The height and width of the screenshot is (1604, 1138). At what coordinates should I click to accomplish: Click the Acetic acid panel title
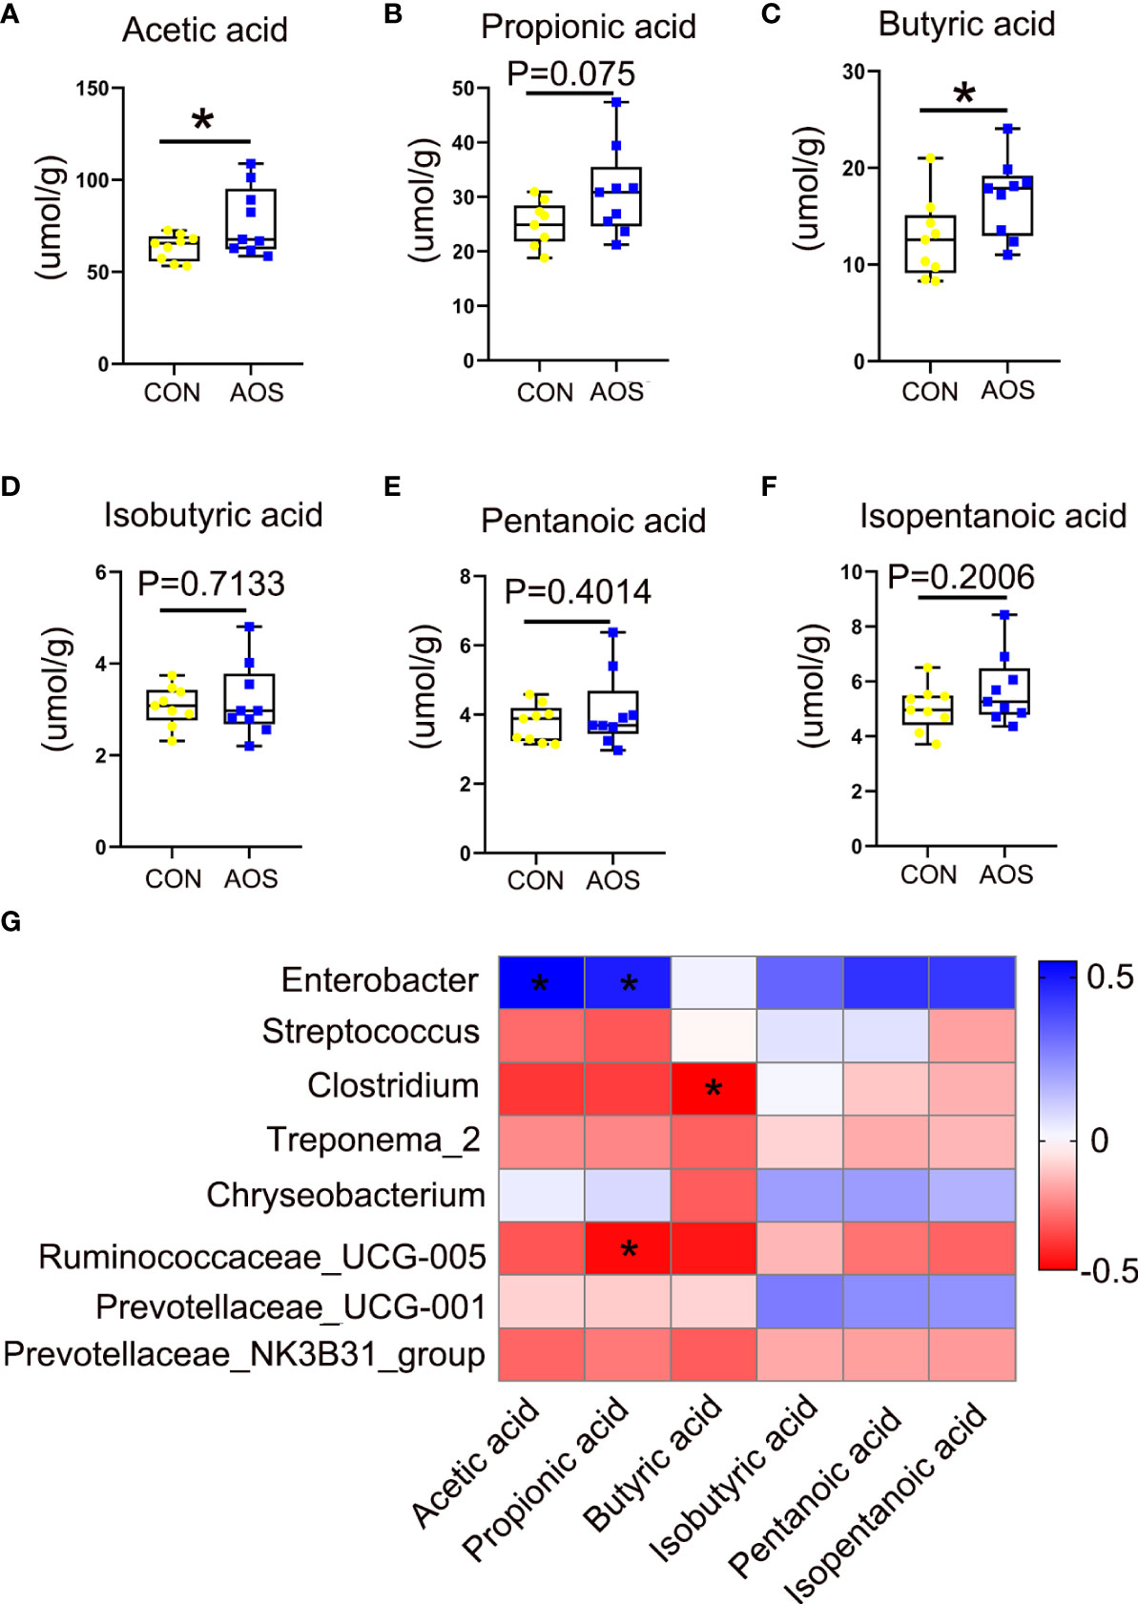point(204,30)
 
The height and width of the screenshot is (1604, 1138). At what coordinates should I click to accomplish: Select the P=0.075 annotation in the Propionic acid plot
point(570,73)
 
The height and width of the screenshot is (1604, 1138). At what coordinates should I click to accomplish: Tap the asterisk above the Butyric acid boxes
point(964,93)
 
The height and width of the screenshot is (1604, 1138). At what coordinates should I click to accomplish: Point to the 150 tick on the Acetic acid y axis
point(93,89)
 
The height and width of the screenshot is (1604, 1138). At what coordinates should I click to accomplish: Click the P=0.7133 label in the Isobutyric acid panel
point(211,584)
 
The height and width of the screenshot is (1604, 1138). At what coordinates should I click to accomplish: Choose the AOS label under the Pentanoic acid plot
point(612,879)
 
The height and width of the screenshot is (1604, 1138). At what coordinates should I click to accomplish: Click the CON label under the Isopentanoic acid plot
point(928,874)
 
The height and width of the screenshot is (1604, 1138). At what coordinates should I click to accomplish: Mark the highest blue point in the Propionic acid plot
point(617,102)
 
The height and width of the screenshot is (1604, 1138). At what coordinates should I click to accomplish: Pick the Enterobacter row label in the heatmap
point(380,980)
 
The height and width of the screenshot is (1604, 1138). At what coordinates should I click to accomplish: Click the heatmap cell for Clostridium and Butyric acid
point(714,1088)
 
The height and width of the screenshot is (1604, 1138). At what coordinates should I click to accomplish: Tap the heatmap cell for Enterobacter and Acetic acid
point(541,982)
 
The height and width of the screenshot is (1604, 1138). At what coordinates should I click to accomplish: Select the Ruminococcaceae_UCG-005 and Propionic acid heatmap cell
point(629,1248)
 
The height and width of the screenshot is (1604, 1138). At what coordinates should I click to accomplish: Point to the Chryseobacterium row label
point(345,1195)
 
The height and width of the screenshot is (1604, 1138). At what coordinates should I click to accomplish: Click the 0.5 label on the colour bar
point(1109,977)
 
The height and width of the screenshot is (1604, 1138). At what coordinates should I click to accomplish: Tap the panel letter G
point(11,921)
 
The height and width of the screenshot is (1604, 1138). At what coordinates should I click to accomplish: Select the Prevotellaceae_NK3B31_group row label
point(244,1355)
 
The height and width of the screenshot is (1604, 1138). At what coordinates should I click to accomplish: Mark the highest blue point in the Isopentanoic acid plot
point(1005,616)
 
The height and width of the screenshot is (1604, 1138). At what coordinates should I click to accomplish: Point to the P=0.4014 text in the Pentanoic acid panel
point(577,591)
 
